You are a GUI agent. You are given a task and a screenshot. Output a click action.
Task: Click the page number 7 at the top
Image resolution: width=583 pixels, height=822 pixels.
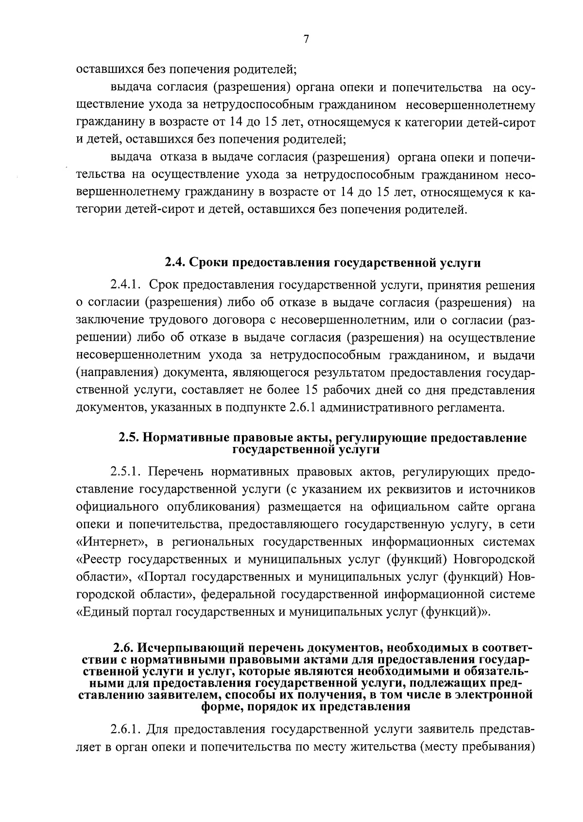[x=306, y=40]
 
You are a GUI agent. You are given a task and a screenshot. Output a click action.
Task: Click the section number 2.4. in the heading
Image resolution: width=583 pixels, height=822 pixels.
[x=174, y=263]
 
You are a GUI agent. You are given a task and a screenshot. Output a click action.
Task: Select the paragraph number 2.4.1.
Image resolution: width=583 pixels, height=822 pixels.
[x=125, y=285]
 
